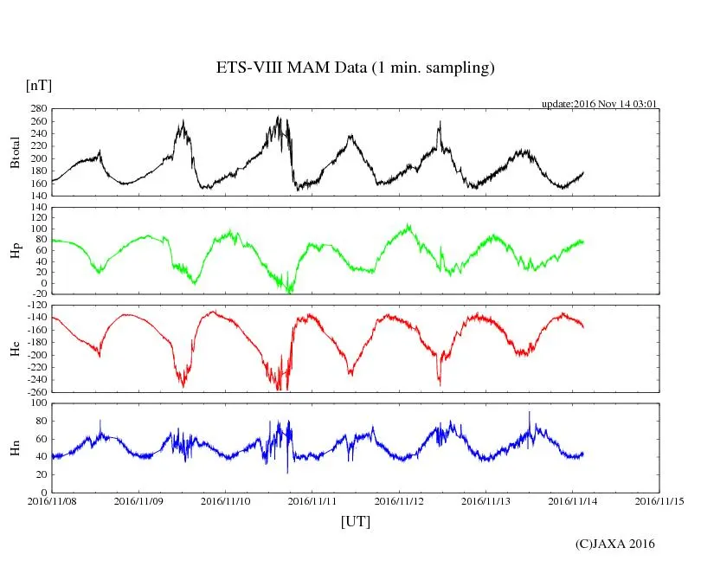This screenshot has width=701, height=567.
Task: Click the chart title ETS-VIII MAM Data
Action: pyautogui.click(x=355, y=68)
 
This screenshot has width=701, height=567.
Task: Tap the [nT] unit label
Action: pyautogui.click(x=39, y=85)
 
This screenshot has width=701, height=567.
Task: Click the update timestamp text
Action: pyautogui.click(x=600, y=103)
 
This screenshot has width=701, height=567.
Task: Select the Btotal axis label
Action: pyautogui.click(x=15, y=152)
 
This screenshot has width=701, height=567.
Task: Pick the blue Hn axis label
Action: pyautogui.click(x=15, y=448)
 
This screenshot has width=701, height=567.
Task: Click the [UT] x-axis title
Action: pyautogui.click(x=355, y=521)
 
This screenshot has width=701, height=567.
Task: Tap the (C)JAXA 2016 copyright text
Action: pyautogui.click(x=615, y=544)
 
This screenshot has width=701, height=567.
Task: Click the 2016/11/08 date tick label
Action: pyautogui.click(x=52, y=500)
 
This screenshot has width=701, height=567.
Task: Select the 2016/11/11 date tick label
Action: pyautogui.click(x=312, y=500)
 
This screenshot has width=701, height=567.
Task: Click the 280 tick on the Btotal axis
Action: pyautogui.click(x=37, y=109)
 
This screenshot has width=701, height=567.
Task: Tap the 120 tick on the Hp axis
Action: pyautogui.click(x=37, y=208)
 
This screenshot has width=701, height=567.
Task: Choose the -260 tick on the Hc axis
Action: pyautogui.click(x=35, y=391)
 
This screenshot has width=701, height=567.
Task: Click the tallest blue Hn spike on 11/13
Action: pyautogui.click(x=530, y=413)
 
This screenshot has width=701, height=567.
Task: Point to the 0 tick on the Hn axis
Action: pyautogui.click(x=43, y=493)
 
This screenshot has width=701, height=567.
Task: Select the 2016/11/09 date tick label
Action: pyautogui.click(x=139, y=500)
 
